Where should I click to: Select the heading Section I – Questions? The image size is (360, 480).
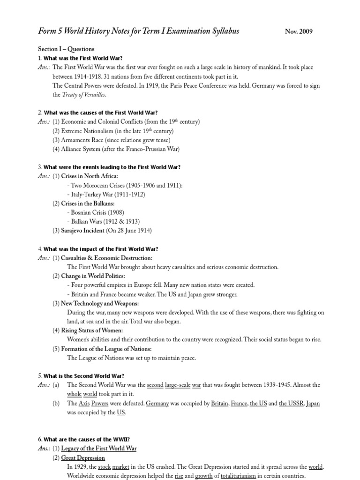[66, 49]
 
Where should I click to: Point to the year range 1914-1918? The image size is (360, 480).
[94, 76]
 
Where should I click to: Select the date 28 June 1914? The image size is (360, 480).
[131, 231]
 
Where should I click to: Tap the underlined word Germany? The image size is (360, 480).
[157, 404]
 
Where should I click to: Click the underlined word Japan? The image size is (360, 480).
[313, 404]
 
